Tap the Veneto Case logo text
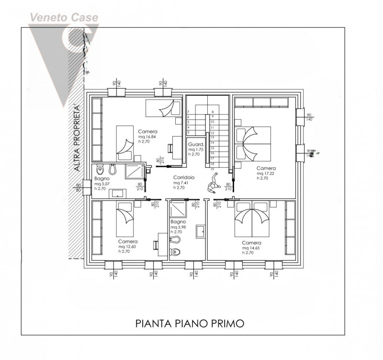click(x=65, y=18)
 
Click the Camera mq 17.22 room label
click(x=266, y=173)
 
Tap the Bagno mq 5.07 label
click(x=102, y=184)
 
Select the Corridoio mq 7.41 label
click(x=184, y=183)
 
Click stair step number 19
click(x=212, y=169)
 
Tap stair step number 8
click(x=212, y=112)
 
